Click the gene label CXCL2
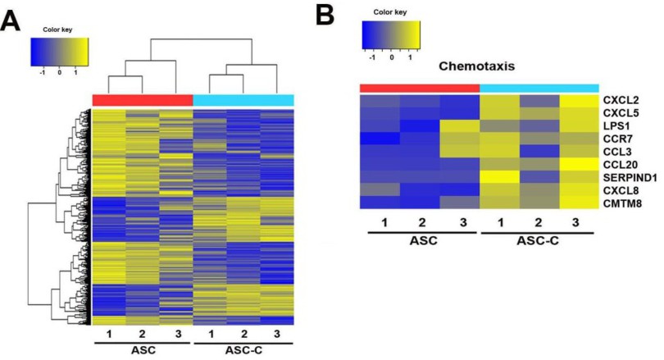click(x=621, y=100)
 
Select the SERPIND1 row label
click(x=630, y=177)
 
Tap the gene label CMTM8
click(x=622, y=203)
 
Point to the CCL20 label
click(x=621, y=165)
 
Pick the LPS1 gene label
click(x=616, y=126)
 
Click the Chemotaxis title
click(x=477, y=66)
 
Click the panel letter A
click(x=10, y=21)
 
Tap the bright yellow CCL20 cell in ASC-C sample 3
click(x=579, y=164)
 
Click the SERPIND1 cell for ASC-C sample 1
click(x=500, y=177)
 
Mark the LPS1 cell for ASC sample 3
click(x=460, y=125)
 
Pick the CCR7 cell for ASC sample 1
click(x=380, y=139)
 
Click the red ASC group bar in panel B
click(x=420, y=88)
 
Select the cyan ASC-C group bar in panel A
click(x=243, y=100)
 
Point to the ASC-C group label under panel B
click(x=538, y=241)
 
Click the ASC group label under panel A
click(x=143, y=350)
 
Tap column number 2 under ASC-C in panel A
click(x=244, y=334)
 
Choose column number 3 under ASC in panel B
click(x=463, y=222)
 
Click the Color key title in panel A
click(x=57, y=30)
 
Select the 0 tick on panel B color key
click(x=392, y=57)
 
